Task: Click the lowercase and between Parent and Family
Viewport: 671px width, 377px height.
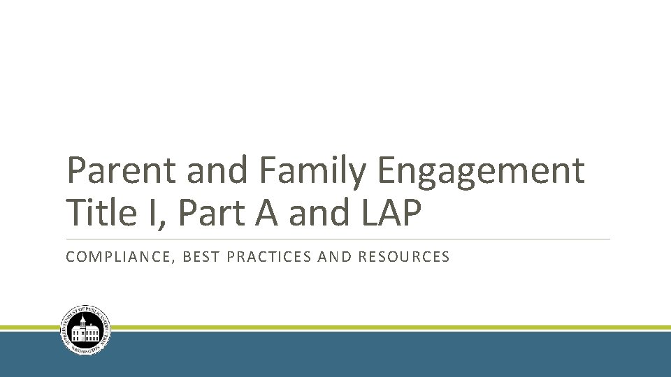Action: click(x=215, y=172)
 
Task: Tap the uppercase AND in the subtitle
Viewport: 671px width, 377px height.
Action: click(x=334, y=257)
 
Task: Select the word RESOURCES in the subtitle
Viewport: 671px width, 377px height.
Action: click(x=404, y=257)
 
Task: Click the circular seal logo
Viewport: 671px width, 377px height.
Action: click(x=86, y=330)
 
